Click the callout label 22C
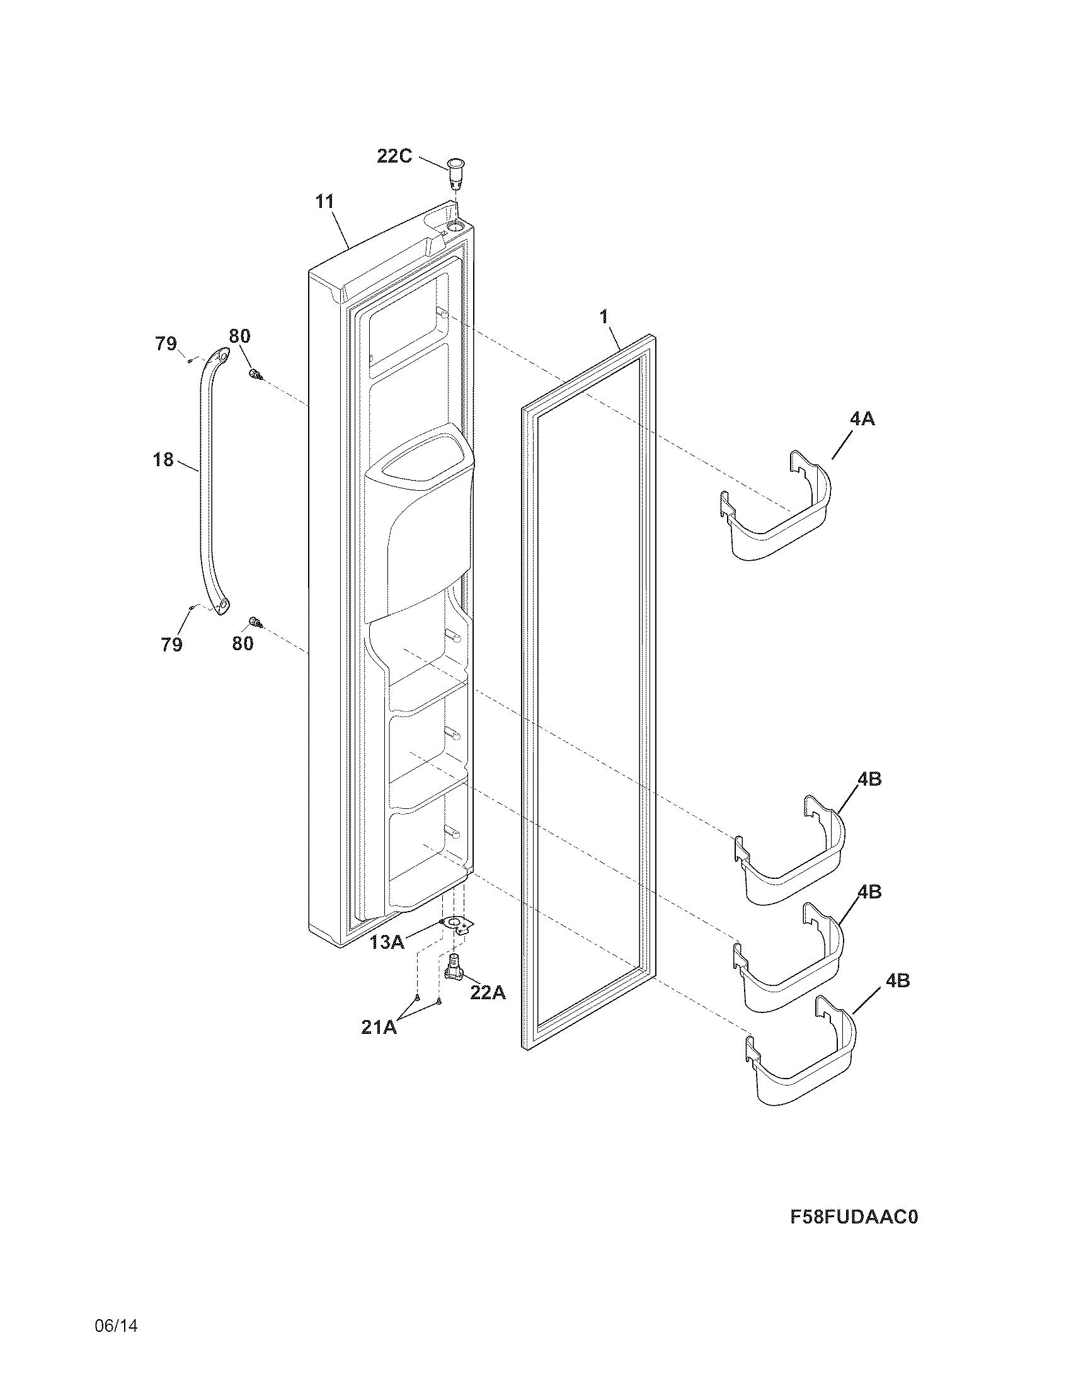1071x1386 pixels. pos(394,156)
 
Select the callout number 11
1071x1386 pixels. pos(324,202)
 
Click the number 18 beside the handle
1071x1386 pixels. pos(163,459)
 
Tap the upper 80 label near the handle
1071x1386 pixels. pos(239,336)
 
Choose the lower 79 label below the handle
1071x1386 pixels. pos(172,644)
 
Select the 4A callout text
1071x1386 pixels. pos(862,418)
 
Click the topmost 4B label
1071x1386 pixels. pos(869,779)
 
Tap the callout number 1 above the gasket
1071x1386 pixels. pos(604,316)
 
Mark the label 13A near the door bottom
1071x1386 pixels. pos(387,942)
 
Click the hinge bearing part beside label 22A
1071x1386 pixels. pos(454,968)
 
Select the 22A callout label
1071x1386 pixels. pos(488,992)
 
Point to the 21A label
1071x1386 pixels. pos(379,1028)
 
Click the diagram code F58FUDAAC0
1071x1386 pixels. pos(854,1217)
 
